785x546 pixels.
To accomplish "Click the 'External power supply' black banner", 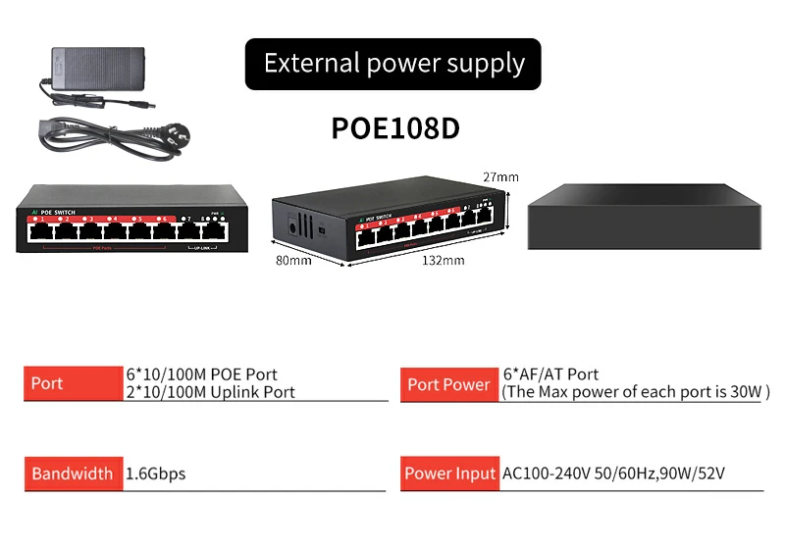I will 392,65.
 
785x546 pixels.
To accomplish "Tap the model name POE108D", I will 395,128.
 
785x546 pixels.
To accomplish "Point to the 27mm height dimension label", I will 500,177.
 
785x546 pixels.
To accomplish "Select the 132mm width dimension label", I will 444,261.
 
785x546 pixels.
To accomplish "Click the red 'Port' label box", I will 73,383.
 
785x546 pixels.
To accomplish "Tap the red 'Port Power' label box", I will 448,384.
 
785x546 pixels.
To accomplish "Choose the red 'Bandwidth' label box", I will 73,473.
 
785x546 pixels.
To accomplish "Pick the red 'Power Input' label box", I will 449,473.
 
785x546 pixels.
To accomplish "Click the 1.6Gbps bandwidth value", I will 156,473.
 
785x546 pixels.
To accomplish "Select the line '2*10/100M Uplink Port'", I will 210,392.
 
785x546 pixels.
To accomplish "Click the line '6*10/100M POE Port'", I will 202,374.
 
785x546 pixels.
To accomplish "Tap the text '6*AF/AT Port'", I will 550,373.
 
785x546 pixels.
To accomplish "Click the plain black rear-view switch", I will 644,218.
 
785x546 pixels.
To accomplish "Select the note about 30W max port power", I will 636,392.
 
